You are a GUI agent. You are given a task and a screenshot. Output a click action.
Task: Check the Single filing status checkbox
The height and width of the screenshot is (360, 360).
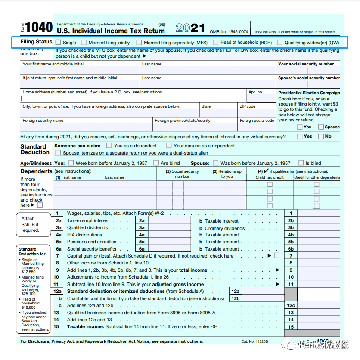tap(58, 42)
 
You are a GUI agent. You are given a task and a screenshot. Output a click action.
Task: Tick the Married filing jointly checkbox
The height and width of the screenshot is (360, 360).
tap(84, 42)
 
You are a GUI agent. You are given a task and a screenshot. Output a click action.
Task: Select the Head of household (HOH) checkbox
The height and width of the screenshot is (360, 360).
tap(215, 42)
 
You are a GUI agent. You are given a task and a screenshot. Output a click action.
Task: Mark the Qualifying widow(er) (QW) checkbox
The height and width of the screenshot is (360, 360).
tap(279, 42)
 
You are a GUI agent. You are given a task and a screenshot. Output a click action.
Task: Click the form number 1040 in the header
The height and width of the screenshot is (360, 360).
tap(39, 28)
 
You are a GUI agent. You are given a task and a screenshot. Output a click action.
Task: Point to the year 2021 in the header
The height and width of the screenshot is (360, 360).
tap(190, 28)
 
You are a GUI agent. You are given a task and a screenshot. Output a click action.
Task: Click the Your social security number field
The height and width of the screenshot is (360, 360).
tap(308, 70)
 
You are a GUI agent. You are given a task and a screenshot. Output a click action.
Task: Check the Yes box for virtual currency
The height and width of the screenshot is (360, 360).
tap(300, 137)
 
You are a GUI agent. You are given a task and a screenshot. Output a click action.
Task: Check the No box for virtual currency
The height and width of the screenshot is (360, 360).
tap(321, 137)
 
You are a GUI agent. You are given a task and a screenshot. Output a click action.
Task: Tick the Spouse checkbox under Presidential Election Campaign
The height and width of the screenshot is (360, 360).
tap(321, 127)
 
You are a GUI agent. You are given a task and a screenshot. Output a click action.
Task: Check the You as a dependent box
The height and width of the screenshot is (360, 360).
tap(109, 146)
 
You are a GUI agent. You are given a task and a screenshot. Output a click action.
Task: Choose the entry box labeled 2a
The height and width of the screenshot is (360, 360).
tap(170, 220)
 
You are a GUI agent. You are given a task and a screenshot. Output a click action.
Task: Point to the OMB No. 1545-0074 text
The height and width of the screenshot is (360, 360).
tap(229, 32)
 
